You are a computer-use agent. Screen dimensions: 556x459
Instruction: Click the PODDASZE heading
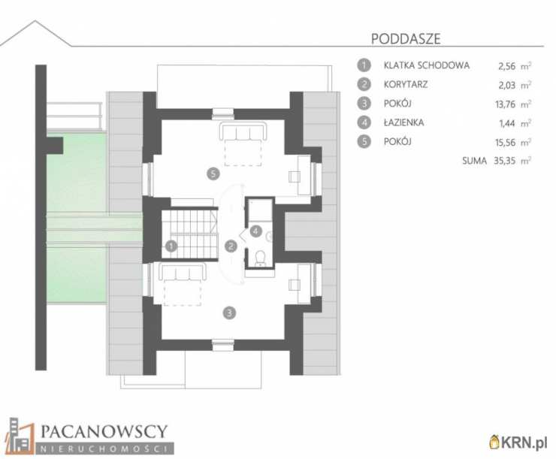(x=406, y=38)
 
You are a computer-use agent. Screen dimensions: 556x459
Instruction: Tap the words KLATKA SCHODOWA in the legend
(x=427, y=65)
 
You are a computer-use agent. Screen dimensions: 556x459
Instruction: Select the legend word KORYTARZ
(x=406, y=84)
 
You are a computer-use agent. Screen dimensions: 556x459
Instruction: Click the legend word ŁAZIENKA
(x=404, y=122)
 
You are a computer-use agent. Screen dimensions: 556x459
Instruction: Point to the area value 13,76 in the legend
(x=506, y=104)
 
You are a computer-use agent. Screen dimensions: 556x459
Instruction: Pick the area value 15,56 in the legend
(x=506, y=142)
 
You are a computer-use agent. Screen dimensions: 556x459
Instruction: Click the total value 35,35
(x=505, y=161)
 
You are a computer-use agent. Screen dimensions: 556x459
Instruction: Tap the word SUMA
(x=474, y=161)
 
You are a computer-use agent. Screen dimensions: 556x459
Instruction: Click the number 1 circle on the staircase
(x=171, y=246)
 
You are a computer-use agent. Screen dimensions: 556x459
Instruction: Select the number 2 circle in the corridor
(x=231, y=246)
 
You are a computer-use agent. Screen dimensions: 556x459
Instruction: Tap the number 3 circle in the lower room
(x=229, y=313)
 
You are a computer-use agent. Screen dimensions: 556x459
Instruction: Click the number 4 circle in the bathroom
(x=255, y=231)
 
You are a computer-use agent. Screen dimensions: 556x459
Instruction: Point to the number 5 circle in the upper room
(x=213, y=174)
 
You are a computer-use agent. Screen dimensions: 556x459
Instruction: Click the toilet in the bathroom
(x=261, y=258)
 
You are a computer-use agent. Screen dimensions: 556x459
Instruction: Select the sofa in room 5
(x=243, y=131)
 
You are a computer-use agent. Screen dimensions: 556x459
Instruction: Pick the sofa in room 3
(x=183, y=272)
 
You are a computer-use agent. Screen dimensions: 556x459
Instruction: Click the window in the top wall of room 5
(x=223, y=113)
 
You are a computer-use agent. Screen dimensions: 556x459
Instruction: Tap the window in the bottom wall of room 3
(x=223, y=345)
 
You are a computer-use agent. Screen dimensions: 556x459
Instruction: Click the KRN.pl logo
(x=518, y=442)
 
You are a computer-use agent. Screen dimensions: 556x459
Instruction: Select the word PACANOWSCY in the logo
(x=104, y=431)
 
